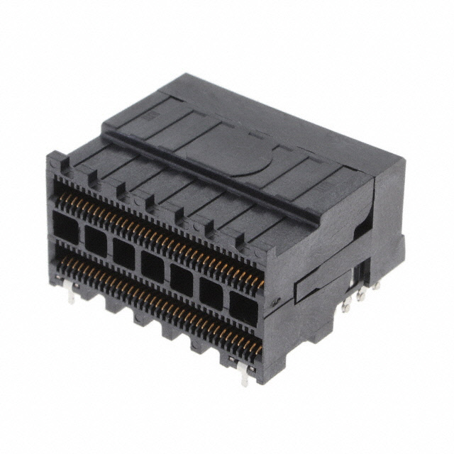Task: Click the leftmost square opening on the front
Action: pos(67,228)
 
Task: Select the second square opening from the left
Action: pos(95,240)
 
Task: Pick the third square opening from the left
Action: pos(123,253)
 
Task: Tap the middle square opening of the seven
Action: pos(153,265)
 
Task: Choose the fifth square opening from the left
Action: pos(182,279)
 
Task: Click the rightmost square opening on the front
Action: pos(243,307)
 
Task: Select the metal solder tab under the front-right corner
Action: pos(244,374)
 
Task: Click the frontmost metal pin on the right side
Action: pos(345,304)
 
